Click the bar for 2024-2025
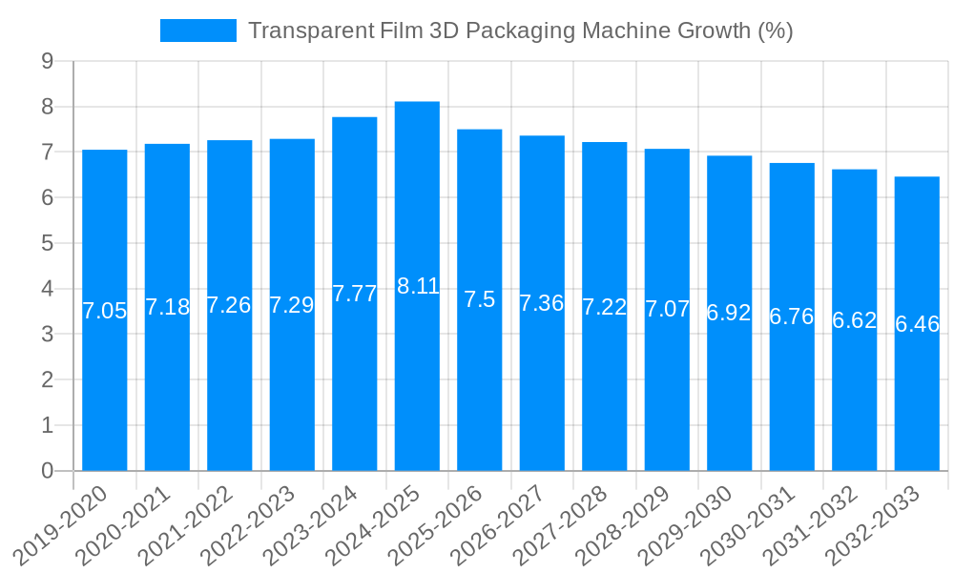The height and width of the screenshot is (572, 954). (x=417, y=286)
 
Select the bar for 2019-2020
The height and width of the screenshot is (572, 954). (x=105, y=310)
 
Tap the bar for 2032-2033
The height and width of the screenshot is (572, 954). (x=917, y=323)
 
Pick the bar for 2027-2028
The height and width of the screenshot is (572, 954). (x=605, y=306)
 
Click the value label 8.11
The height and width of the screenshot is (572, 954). (x=417, y=286)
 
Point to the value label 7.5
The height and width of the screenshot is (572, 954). (x=480, y=299)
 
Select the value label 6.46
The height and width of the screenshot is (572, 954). (x=917, y=324)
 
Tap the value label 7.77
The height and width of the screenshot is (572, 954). (x=355, y=294)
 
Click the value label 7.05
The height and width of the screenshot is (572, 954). (x=105, y=311)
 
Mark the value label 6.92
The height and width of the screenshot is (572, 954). (x=729, y=313)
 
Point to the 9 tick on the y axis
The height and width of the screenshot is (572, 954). (x=47, y=62)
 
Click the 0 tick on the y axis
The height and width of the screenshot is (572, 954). (x=47, y=471)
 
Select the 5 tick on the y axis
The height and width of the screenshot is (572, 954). (x=47, y=244)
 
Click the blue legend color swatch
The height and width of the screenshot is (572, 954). (x=198, y=31)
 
